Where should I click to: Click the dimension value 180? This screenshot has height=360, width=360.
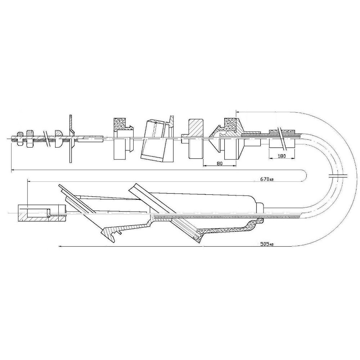[x=282, y=156]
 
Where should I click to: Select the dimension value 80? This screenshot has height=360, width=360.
[x=220, y=163]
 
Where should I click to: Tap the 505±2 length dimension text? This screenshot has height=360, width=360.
[x=267, y=244]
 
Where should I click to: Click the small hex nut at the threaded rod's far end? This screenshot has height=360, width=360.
[x=20, y=139]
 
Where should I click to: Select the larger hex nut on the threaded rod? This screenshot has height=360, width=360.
[x=30, y=139]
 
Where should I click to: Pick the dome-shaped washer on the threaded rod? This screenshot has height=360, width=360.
[x=59, y=139]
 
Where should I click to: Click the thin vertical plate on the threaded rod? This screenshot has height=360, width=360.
[x=71, y=139]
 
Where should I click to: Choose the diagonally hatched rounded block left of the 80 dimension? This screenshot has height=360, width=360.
[x=195, y=139]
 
